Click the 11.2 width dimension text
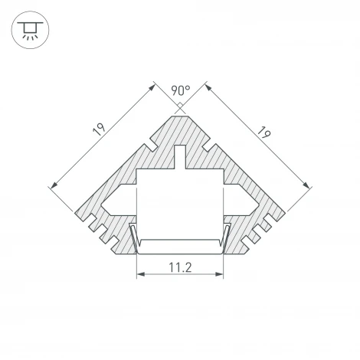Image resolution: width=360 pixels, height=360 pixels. [179, 268]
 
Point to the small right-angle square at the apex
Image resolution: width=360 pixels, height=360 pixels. [178, 107]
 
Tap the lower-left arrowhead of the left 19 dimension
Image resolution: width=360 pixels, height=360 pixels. [52, 184]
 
